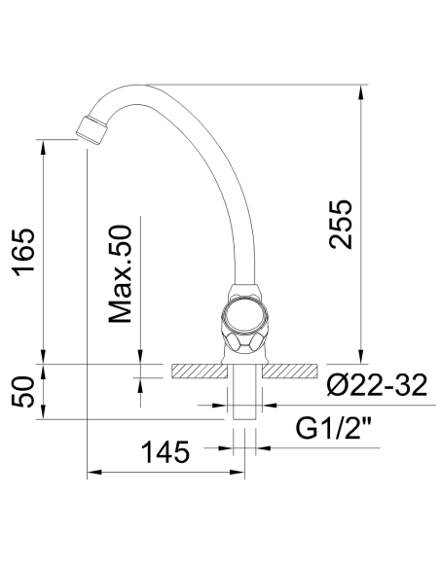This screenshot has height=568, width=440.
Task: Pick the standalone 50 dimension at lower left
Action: [23, 392]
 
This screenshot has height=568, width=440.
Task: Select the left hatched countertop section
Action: [199, 371]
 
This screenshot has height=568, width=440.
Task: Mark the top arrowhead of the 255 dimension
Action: [363, 90]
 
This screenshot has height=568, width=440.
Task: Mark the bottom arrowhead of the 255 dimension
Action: [363, 357]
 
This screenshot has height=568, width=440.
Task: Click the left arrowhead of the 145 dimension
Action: [92, 474]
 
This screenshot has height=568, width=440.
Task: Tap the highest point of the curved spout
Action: [156, 85]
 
